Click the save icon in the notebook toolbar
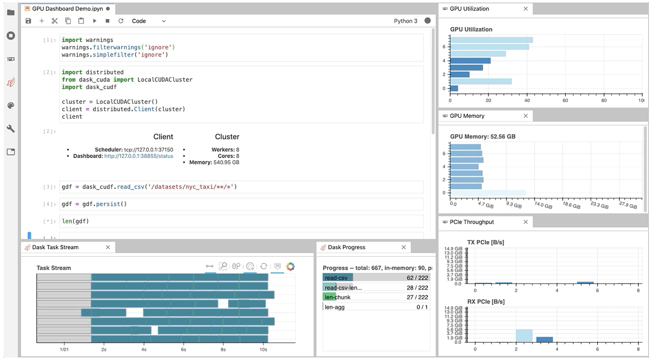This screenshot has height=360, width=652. [x=29, y=21]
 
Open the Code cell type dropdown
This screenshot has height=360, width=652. [x=148, y=21]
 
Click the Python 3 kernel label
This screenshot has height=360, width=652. [x=405, y=21]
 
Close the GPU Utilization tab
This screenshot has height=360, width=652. [x=525, y=9]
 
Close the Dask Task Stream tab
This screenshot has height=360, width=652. [x=108, y=247]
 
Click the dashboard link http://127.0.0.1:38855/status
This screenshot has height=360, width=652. [x=139, y=156]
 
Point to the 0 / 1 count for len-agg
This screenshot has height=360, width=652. [x=422, y=307]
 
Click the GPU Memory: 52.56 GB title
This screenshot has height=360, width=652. [x=482, y=136]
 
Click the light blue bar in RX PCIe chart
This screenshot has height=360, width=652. [x=524, y=336]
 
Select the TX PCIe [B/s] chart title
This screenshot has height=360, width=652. [x=485, y=242]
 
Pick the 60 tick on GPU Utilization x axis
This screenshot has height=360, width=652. [x=565, y=101]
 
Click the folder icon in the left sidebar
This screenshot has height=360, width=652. [x=10, y=12]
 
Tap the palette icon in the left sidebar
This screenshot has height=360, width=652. [x=10, y=105]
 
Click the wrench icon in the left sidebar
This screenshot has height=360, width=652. [x=10, y=129]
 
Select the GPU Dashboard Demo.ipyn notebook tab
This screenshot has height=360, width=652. [x=67, y=9]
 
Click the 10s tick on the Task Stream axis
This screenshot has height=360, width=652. [x=263, y=350]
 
